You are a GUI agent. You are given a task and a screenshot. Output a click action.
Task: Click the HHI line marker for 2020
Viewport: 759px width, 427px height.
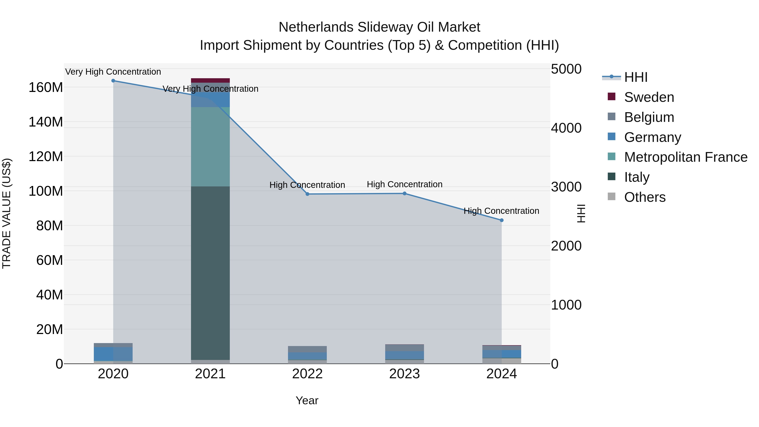(113, 81)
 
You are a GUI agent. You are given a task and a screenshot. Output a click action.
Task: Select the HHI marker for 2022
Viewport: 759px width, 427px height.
(307, 194)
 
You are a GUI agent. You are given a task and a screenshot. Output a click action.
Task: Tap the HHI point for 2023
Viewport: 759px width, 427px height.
(405, 194)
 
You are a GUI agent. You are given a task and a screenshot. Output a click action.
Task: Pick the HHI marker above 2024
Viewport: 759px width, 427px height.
(502, 220)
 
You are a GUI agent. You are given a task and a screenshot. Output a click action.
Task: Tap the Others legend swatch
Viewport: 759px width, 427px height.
(612, 197)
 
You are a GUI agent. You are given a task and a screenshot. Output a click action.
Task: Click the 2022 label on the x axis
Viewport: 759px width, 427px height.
(307, 374)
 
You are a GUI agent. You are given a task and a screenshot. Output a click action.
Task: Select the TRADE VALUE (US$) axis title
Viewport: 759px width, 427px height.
(7, 213)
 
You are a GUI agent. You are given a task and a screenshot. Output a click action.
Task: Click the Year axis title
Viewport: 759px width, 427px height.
(307, 400)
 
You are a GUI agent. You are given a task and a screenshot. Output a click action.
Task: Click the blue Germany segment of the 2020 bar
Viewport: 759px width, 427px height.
(113, 354)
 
